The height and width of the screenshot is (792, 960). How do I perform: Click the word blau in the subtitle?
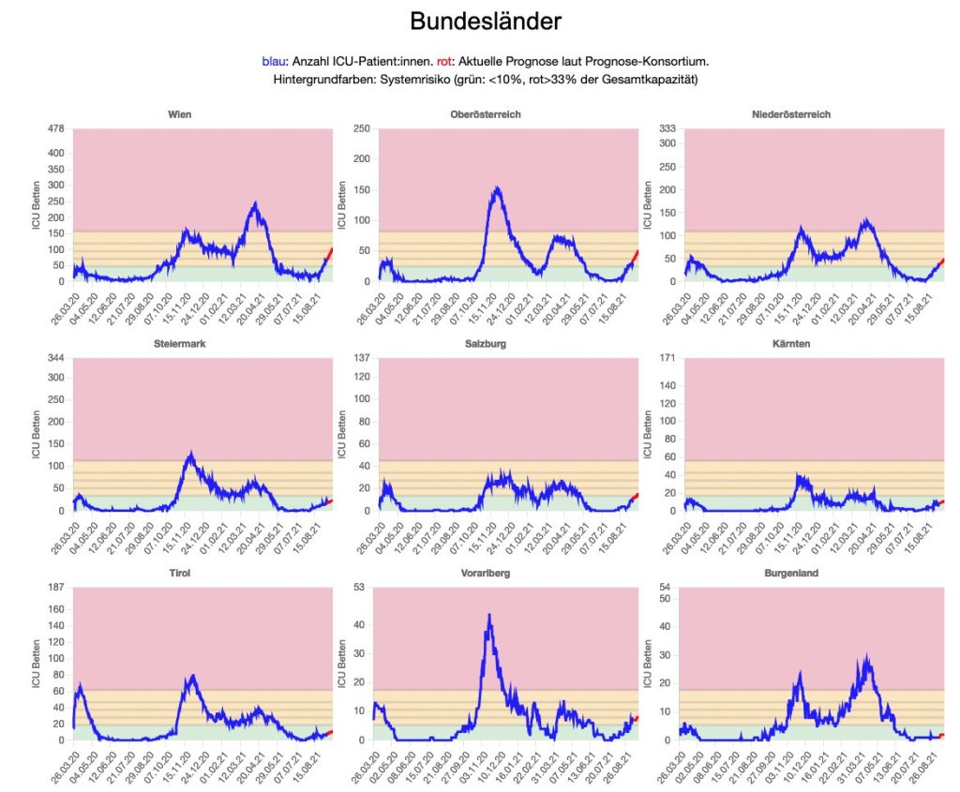click(275, 62)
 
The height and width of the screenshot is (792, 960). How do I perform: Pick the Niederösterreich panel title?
click(791, 114)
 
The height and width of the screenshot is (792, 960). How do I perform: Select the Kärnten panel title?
click(791, 344)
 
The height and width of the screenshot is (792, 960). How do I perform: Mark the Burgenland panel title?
click(791, 573)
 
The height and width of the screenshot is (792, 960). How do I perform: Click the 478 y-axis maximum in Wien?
click(57, 129)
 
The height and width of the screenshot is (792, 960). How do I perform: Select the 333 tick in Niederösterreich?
click(668, 129)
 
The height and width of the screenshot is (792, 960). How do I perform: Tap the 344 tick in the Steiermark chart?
click(57, 359)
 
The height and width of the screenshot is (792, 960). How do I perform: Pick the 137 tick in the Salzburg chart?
click(363, 359)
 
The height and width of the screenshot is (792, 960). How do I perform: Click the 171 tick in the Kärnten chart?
click(668, 359)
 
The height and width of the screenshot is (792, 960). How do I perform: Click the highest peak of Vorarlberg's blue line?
click(489, 615)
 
